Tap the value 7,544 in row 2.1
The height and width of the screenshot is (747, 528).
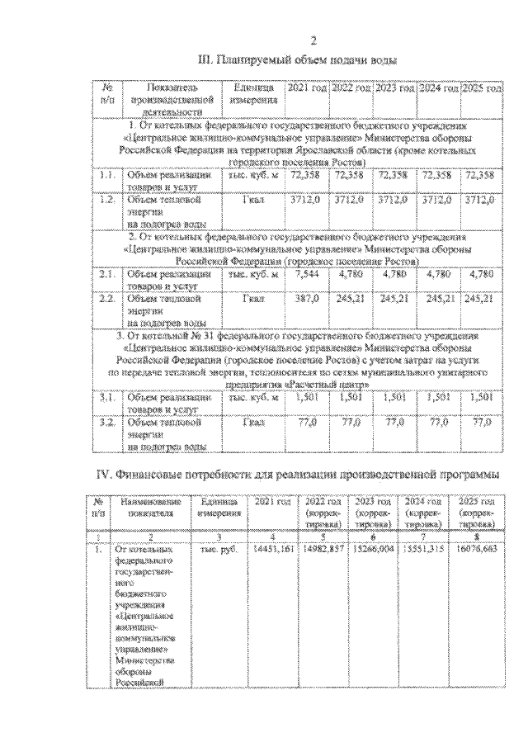point(300,273)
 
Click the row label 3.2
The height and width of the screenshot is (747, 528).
point(106,422)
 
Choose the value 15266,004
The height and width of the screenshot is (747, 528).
point(376,548)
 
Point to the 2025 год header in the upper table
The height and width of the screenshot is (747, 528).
point(481,87)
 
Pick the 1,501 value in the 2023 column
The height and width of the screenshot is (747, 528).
point(390,398)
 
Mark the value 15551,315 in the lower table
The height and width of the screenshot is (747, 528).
point(425,548)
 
